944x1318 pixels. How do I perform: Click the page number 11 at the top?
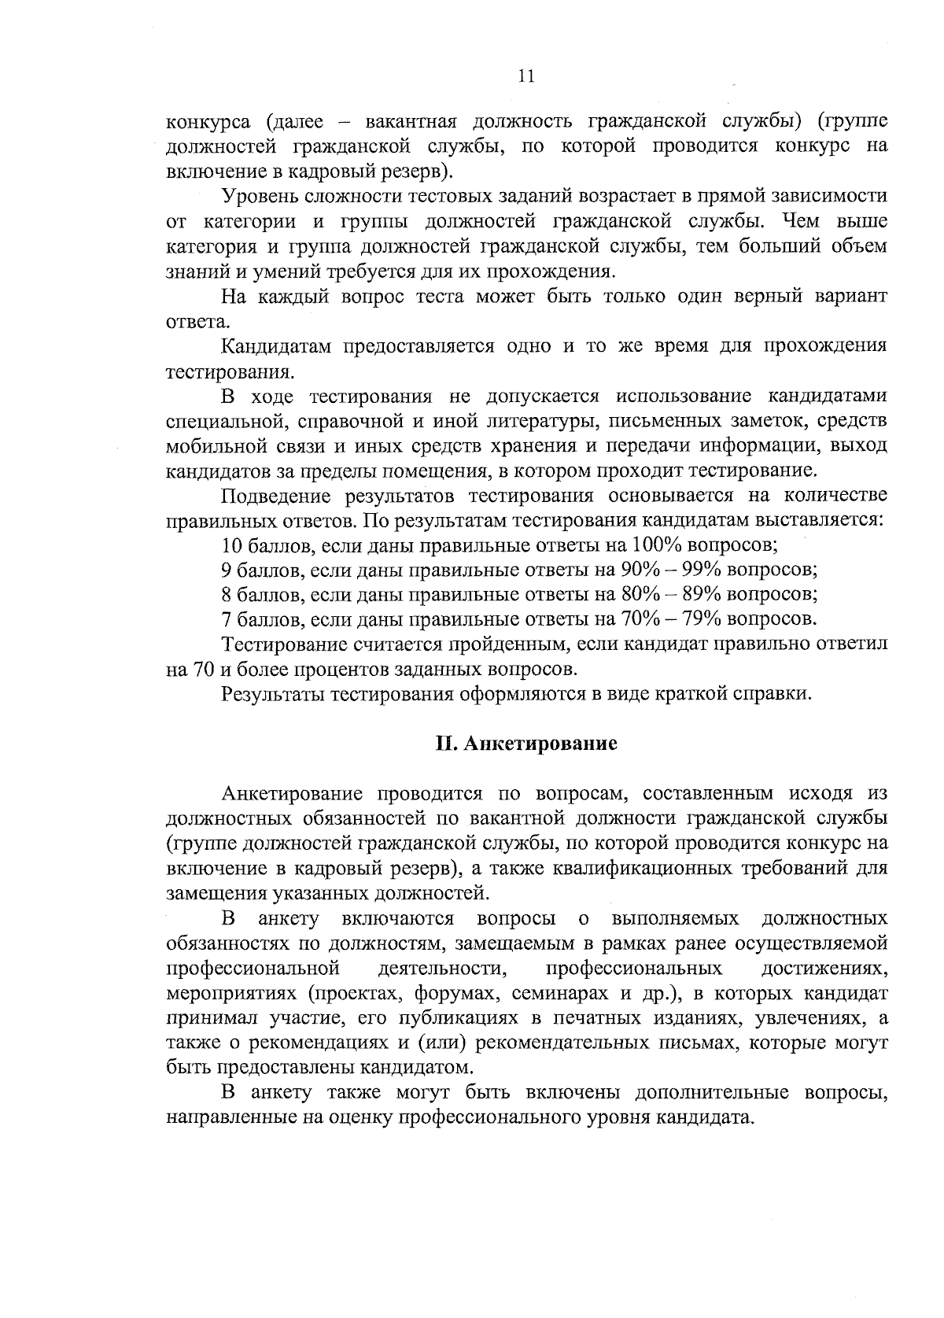[526, 76]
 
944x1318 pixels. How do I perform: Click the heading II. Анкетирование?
[526, 744]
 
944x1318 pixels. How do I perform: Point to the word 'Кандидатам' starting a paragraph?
[271, 346]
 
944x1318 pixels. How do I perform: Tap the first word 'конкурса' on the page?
[208, 121]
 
